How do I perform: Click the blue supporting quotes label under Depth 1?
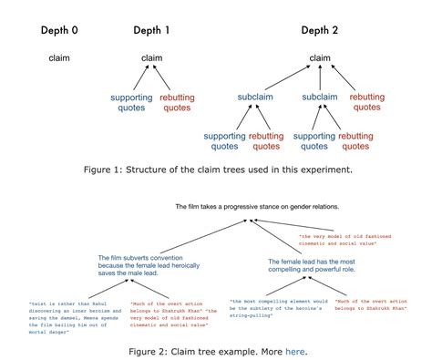[x=132, y=102]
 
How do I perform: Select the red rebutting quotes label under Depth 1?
[x=177, y=102]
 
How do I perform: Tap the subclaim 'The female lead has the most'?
[x=315, y=266]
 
